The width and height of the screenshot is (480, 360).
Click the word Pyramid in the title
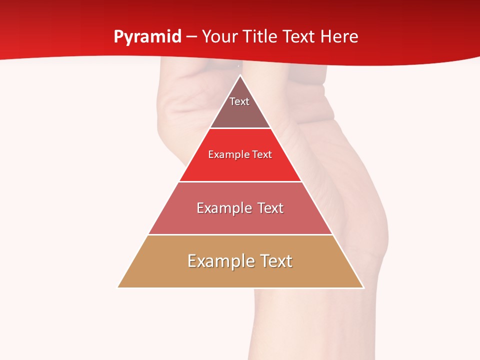pyautogui.click(x=147, y=37)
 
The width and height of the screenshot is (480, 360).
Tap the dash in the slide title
pyautogui.click(x=191, y=37)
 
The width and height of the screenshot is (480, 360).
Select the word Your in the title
pyautogui.click(x=219, y=37)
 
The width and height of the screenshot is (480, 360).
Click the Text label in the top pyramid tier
pyautogui.click(x=239, y=101)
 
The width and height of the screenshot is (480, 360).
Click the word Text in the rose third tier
pyautogui.click(x=270, y=208)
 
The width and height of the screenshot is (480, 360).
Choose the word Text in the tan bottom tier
pyautogui.click(x=276, y=261)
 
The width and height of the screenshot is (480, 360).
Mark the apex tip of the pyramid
pyautogui.click(x=240, y=75)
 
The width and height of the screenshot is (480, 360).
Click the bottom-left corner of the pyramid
pyautogui.click(x=118, y=287)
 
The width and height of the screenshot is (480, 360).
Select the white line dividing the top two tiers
pyautogui.click(x=240, y=128)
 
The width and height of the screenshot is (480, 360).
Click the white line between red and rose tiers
pyautogui.click(x=240, y=181)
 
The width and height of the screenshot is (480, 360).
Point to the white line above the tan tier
pyautogui.click(x=240, y=234)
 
